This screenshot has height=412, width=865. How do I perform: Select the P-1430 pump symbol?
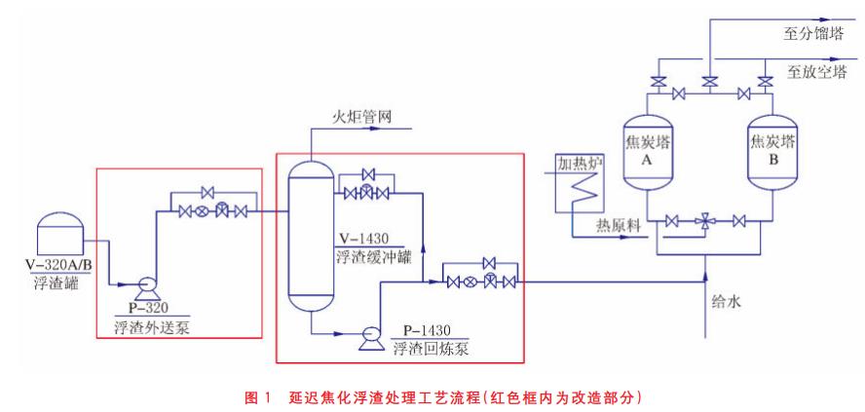(x=370, y=336)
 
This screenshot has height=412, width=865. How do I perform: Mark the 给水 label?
(x=727, y=303)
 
